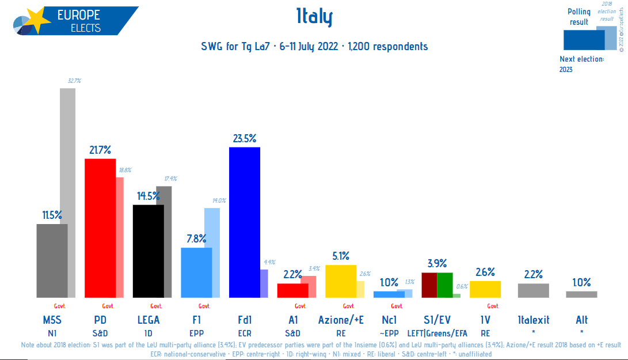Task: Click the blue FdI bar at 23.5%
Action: tap(245, 222)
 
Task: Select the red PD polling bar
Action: tap(100, 228)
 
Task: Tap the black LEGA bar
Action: tap(148, 251)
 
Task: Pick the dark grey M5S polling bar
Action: tap(52, 260)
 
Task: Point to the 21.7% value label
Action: tap(100, 150)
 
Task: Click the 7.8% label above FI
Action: tap(196, 239)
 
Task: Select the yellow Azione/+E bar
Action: tap(341, 281)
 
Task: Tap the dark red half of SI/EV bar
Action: tap(429, 285)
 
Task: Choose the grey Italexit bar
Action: tap(534, 290)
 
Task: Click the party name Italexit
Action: tap(534, 320)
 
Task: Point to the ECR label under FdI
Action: tap(245, 332)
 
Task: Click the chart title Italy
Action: tap(314, 17)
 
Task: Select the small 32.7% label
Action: tap(74, 81)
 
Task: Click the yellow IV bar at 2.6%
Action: tap(485, 289)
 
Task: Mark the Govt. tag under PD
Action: tap(108, 306)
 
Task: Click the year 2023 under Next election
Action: tap(566, 70)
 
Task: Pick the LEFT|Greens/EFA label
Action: tap(437, 332)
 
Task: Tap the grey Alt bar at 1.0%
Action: tap(581, 294)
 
